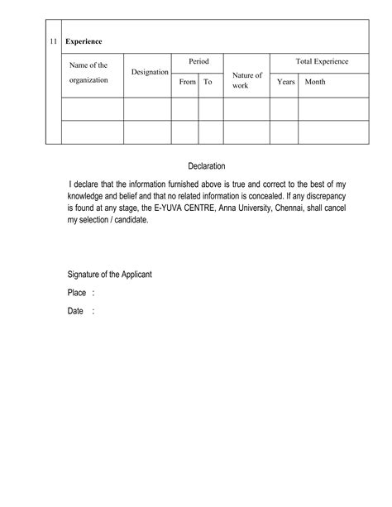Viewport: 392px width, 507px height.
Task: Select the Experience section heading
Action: [84, 41]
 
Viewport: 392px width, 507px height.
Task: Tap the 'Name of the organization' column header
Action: [89, 72]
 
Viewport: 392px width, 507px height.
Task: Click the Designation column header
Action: [150, 73]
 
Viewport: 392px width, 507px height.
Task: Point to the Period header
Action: [198, 62]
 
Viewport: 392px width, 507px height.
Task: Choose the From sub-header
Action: [187, 83]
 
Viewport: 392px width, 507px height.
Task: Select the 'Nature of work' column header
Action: [247, 80]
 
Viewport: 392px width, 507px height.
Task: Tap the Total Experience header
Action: [322, 62]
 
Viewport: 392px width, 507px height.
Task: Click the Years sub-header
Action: [286, 83]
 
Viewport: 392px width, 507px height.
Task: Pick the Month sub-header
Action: [315, 83]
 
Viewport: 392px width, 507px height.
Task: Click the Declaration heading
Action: [207, 166]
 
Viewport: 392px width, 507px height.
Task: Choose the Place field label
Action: [77, 293]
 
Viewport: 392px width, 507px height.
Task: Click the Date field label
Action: [75, 311]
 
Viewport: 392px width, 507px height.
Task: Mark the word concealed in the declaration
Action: [265, 198]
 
